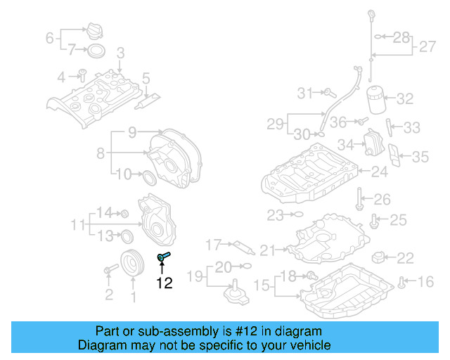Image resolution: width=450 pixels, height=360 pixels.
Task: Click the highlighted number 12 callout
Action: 164,283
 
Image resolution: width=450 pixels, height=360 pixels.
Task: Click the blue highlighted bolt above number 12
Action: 166,257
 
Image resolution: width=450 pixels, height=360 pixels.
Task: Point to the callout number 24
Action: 379,171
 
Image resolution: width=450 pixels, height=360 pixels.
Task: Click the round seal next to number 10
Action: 149,176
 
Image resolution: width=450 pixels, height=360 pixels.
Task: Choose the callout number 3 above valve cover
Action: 120,53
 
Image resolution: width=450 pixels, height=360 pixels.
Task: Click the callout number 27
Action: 428,47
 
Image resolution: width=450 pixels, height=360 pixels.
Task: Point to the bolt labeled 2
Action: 110,269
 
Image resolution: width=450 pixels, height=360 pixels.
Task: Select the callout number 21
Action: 267,250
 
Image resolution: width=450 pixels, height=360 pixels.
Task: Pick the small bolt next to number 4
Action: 82,75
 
